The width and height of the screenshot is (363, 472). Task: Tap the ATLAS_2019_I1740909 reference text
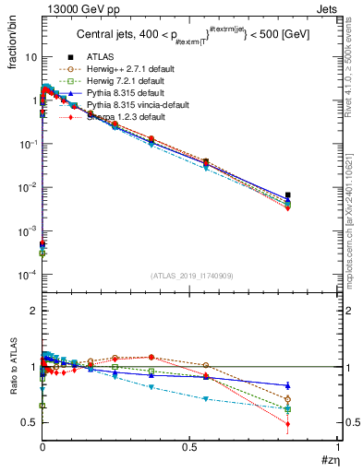click(191, 275)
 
